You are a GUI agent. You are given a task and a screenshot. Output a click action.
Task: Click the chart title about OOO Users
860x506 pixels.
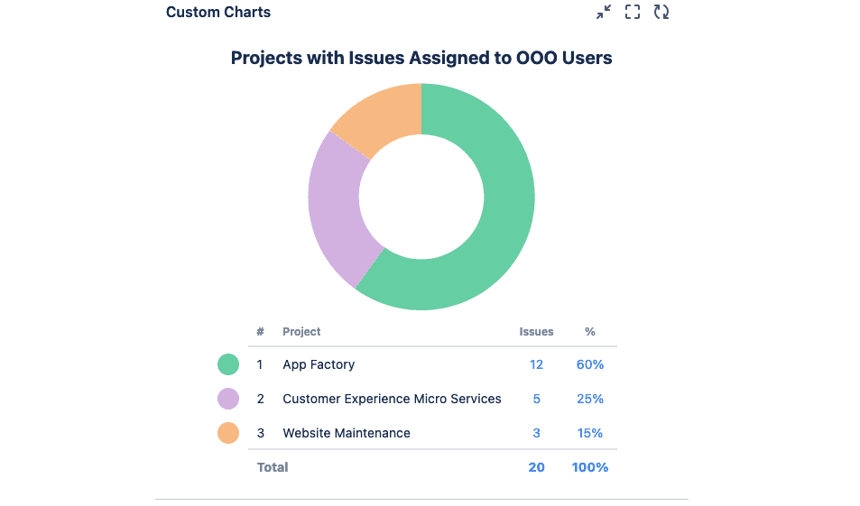click(421, 58)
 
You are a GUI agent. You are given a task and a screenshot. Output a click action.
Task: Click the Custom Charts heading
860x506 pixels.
click(218, 13)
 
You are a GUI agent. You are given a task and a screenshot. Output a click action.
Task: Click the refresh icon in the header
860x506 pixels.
click(661, 13)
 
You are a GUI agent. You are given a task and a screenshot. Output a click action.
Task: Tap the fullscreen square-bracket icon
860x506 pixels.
click(633, 13)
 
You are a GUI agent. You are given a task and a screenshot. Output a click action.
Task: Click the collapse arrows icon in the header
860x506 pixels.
click(604, 13)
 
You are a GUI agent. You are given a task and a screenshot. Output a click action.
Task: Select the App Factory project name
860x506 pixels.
click(319, 364)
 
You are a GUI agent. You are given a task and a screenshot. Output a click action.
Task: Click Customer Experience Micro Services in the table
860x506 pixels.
click(392, 399)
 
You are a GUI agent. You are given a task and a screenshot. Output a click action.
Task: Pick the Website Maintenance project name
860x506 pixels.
click(347, 433)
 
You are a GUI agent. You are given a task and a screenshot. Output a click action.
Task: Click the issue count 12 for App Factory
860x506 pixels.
click(536, 364)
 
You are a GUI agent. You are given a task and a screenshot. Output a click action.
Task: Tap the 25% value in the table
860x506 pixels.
click(590, 399)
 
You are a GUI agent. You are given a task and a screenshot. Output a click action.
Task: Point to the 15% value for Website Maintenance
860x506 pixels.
click(590, 433)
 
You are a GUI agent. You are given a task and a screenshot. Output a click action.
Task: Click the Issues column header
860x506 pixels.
click(536, 332)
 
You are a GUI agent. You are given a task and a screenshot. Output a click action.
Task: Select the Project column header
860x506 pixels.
click(301, 332)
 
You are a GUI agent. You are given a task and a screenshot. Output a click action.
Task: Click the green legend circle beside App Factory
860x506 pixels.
click(228, 364)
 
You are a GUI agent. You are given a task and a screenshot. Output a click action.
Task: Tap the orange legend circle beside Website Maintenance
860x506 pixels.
click(228, 433)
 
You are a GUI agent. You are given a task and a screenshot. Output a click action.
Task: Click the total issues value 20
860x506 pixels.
click(536, 467)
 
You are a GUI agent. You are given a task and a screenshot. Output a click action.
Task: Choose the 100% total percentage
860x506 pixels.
click(590, 467)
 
